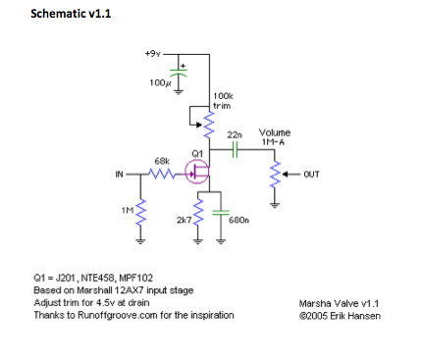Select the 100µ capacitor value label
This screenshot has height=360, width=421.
[159, 83]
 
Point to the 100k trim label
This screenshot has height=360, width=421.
[222, 99]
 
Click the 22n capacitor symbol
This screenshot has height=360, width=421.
[236, 151]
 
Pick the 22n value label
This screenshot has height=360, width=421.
[235, 134]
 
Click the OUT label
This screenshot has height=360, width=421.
[312, 176]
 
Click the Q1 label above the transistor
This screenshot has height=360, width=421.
[197, 153]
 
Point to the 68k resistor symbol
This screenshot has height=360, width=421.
[164, 176]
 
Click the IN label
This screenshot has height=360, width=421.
[119, 176]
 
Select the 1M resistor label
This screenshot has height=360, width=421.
[127, 211]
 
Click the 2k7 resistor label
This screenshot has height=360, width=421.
[184, 221]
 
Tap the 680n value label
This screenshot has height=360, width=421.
[238, 222]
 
